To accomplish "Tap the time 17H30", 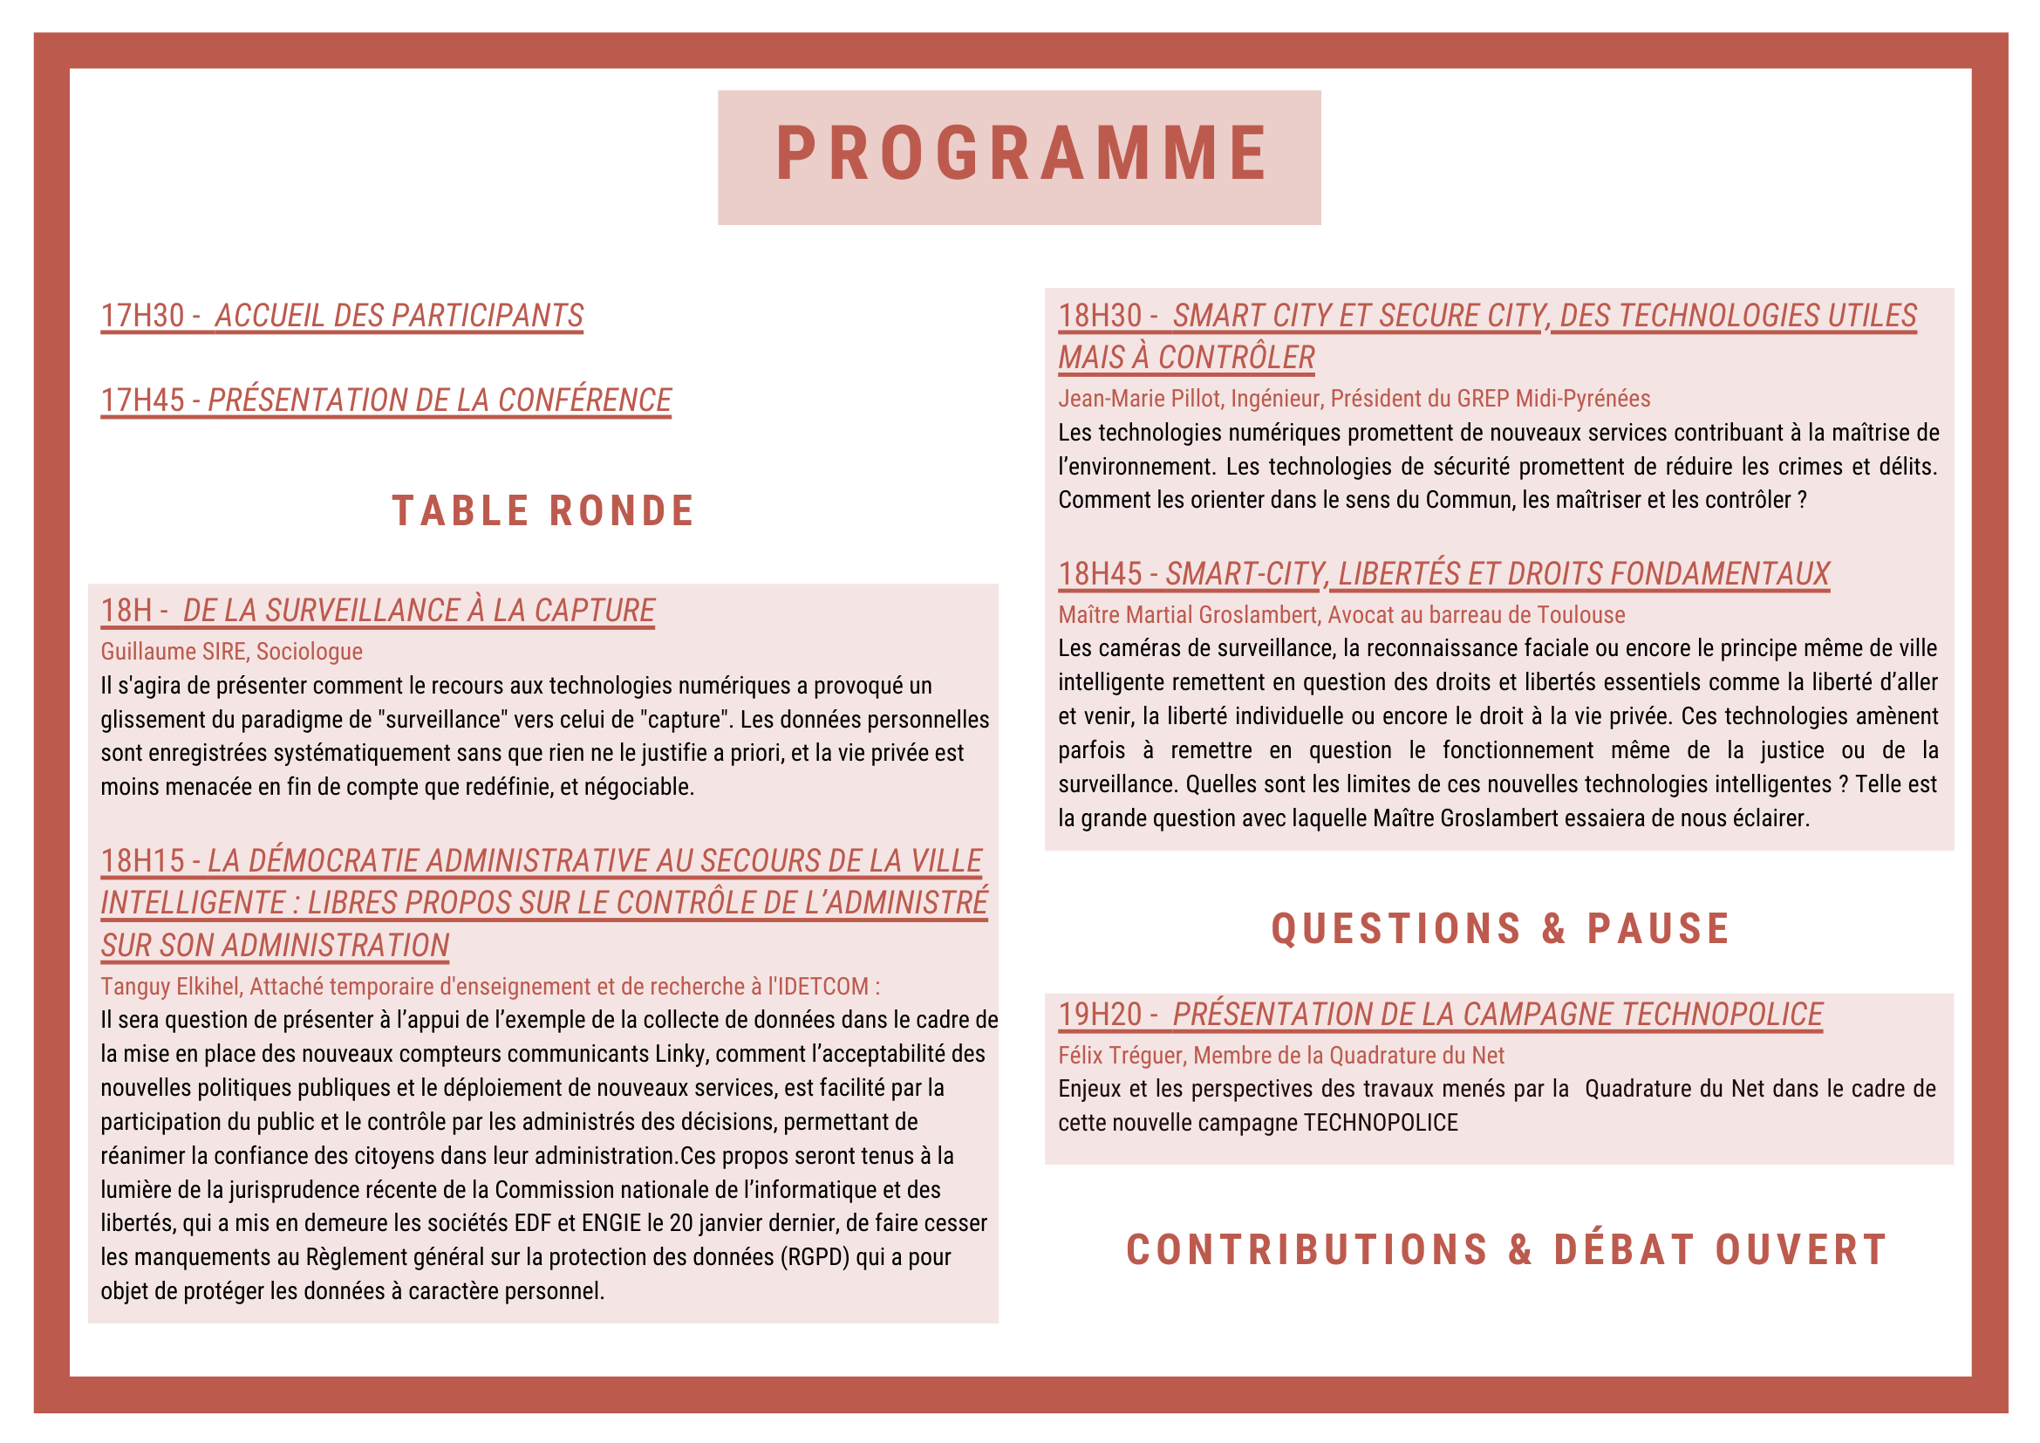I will point(142,317).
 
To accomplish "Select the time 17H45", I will point(142,400).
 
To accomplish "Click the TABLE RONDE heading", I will point(542,512).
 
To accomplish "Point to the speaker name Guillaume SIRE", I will point(174,653).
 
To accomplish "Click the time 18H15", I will point(142,861).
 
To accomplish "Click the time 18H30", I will point(1099,317).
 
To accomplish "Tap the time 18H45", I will point(1099,575).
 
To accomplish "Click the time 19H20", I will point(1099,1015).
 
